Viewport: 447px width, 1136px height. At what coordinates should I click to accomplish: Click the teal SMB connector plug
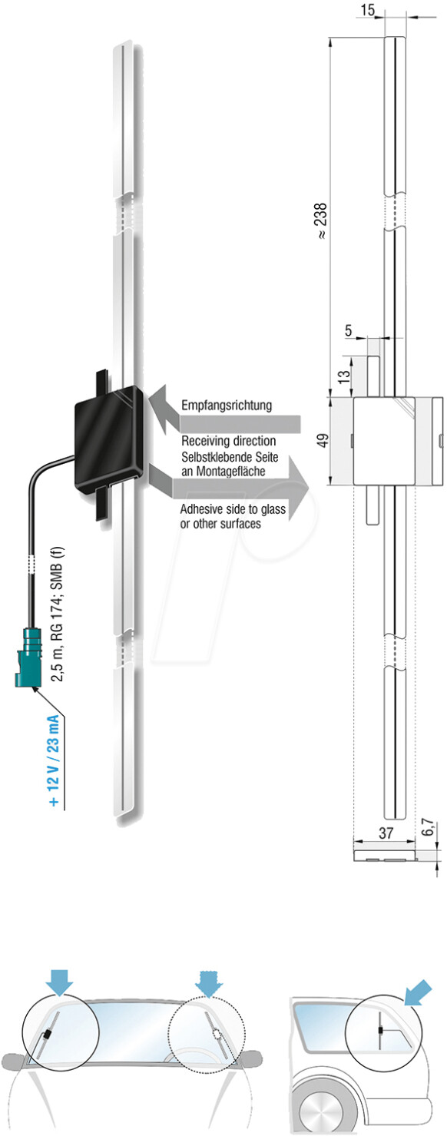pos(28,657)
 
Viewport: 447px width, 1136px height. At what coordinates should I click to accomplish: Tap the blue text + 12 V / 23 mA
pos(54,760)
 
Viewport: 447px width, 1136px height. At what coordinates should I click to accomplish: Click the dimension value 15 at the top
pos(367,9)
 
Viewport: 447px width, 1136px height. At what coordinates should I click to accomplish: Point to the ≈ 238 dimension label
pos(321,220)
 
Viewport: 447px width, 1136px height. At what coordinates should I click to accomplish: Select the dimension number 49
pos(323,440)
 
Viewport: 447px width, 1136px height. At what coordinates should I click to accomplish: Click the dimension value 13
pos(344,376)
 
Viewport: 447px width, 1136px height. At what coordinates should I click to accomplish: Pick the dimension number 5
pos(348,330)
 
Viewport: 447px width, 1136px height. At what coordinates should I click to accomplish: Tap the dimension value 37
pos(386,833)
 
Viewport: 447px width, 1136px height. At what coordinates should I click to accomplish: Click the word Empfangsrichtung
pos(227,406)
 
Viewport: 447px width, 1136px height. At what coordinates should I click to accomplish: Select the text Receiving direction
pos(228,441)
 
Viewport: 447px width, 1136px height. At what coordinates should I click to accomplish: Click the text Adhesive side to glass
pos(233,508)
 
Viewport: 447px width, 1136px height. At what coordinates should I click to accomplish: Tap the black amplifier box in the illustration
pos(110,438)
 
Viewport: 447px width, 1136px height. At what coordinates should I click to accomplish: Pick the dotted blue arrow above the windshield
pos(209,982)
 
